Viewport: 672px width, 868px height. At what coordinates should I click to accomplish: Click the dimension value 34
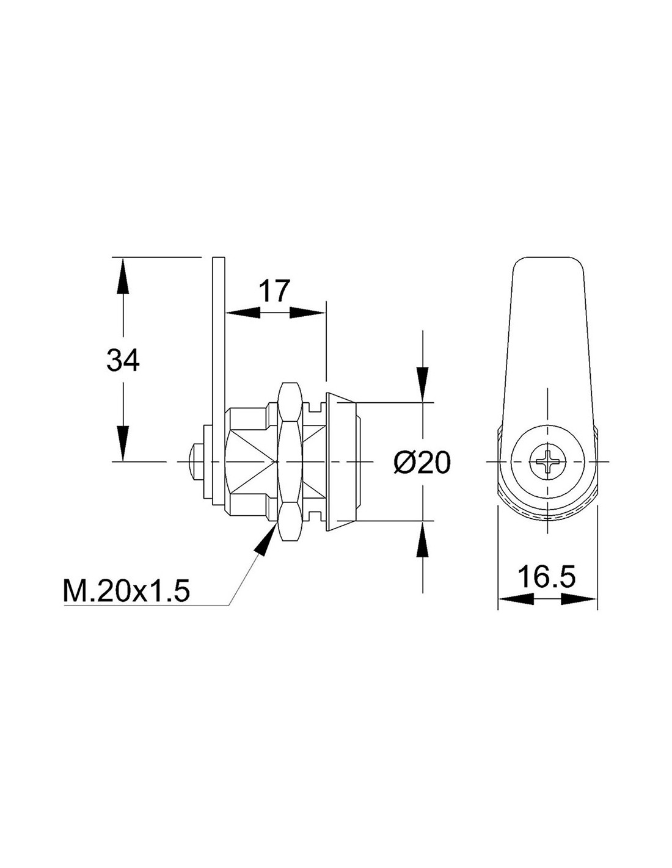pos(123,360)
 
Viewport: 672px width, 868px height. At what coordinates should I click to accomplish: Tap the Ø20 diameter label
pos(422,463)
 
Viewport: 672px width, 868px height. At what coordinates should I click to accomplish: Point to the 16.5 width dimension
pos(547,577)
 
